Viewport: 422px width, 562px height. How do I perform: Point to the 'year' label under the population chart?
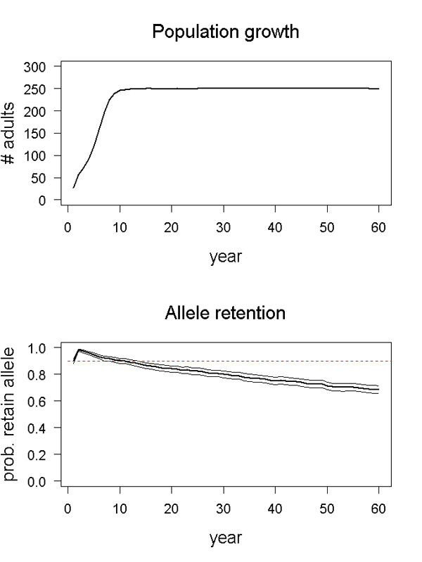(x=226, y=256)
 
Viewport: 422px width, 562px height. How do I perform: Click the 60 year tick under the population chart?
(x=379, y=229)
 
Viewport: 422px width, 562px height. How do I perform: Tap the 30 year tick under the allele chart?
(x=223, y=509)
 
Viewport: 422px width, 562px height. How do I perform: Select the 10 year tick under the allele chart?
(x=120, y=509)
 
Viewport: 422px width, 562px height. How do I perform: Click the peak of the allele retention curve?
(x=78, y=350)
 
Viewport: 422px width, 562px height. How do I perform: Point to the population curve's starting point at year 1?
(x=73, y=188)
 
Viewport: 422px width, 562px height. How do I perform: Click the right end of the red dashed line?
(x=390, y=361)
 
